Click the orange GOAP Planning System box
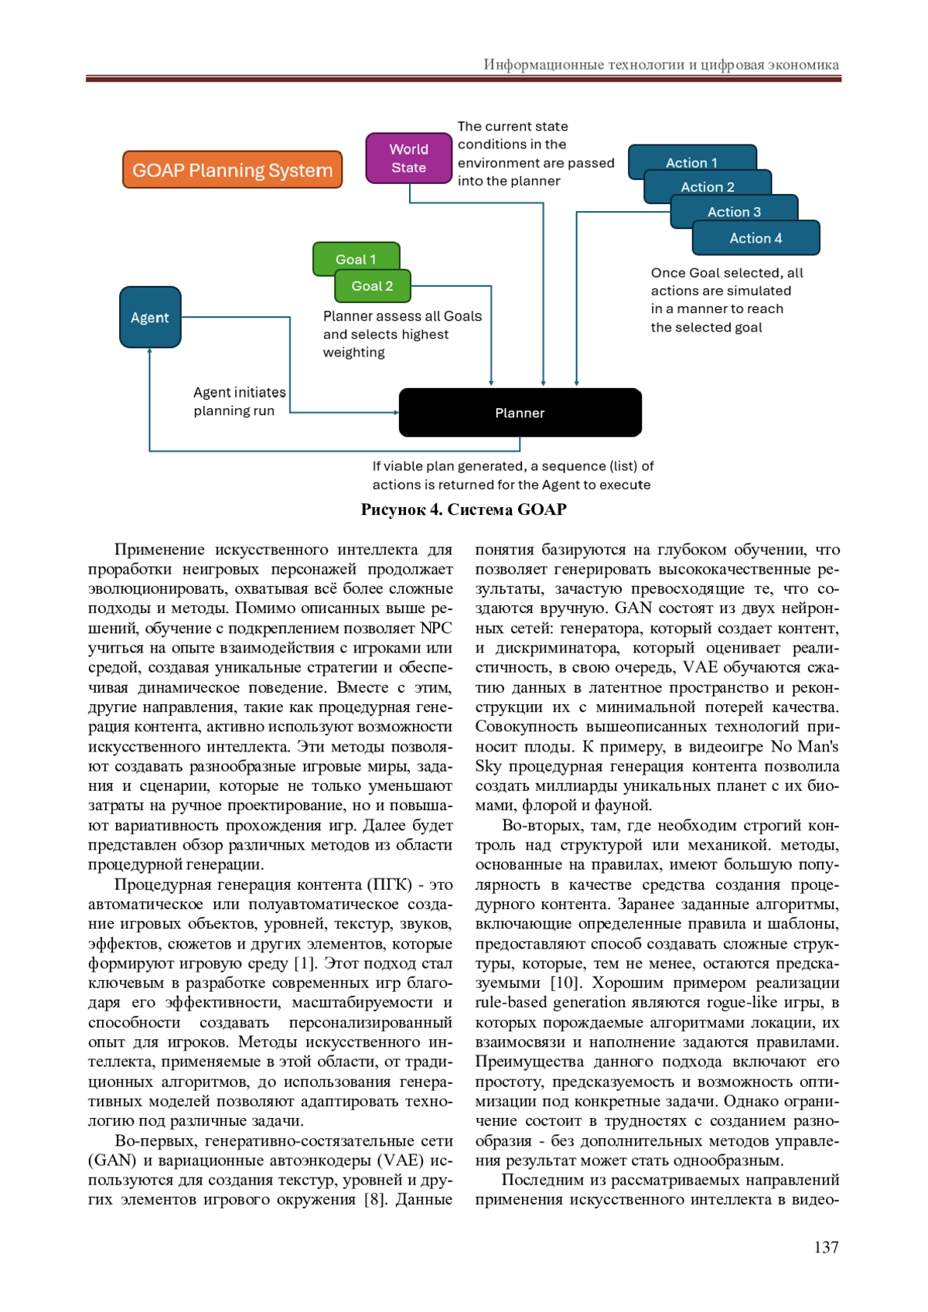(x=232, y=170)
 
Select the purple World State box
(x=408, y=158)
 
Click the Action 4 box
(x=756, y=238)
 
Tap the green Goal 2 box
(x=372, y=286)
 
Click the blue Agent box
(x=150, y=317)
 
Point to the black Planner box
(x=520, y=413)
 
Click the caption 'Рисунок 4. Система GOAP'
(x=463, y=509)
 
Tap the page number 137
(x=826, y=1247)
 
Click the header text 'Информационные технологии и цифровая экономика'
(x=661, y=64)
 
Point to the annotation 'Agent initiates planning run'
(x=239, y=401)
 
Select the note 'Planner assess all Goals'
(x=402, y=316)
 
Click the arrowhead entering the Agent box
(x=150, y=352)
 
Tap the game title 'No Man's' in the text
(x=804, y=746)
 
